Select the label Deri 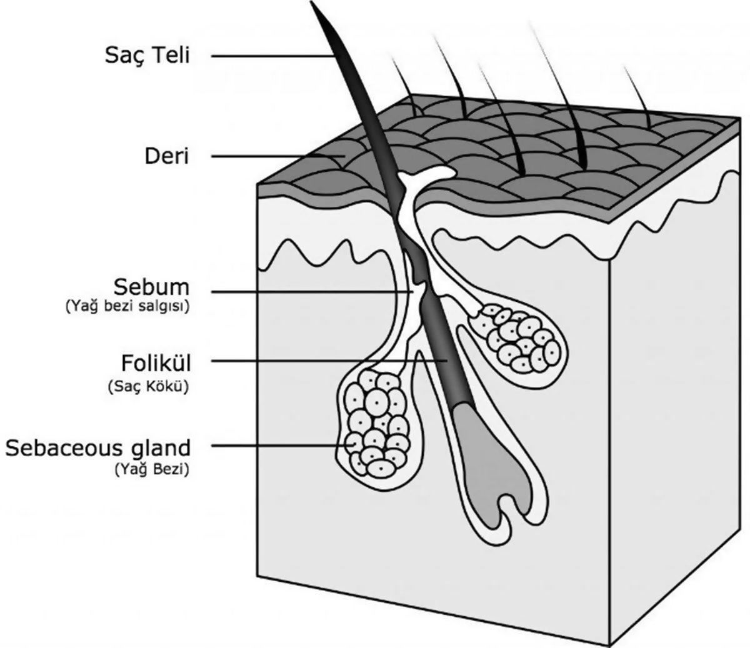166,156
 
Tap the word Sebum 151,288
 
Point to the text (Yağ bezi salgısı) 127,307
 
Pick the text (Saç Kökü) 147,386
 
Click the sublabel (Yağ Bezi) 152,469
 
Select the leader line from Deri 275,156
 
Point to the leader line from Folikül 325,361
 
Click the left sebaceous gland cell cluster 375,422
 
